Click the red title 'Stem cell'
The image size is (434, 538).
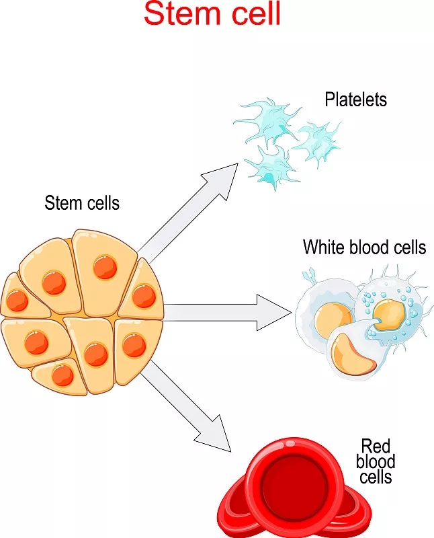[x=212, y=15]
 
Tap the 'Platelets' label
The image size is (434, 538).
[x=355, y=100]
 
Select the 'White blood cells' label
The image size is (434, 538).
[x=364, y=247]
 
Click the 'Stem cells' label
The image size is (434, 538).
[x=82, y=202]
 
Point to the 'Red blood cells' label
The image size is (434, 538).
[x=376, y=461]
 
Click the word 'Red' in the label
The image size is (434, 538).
[x=376, y=446]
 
